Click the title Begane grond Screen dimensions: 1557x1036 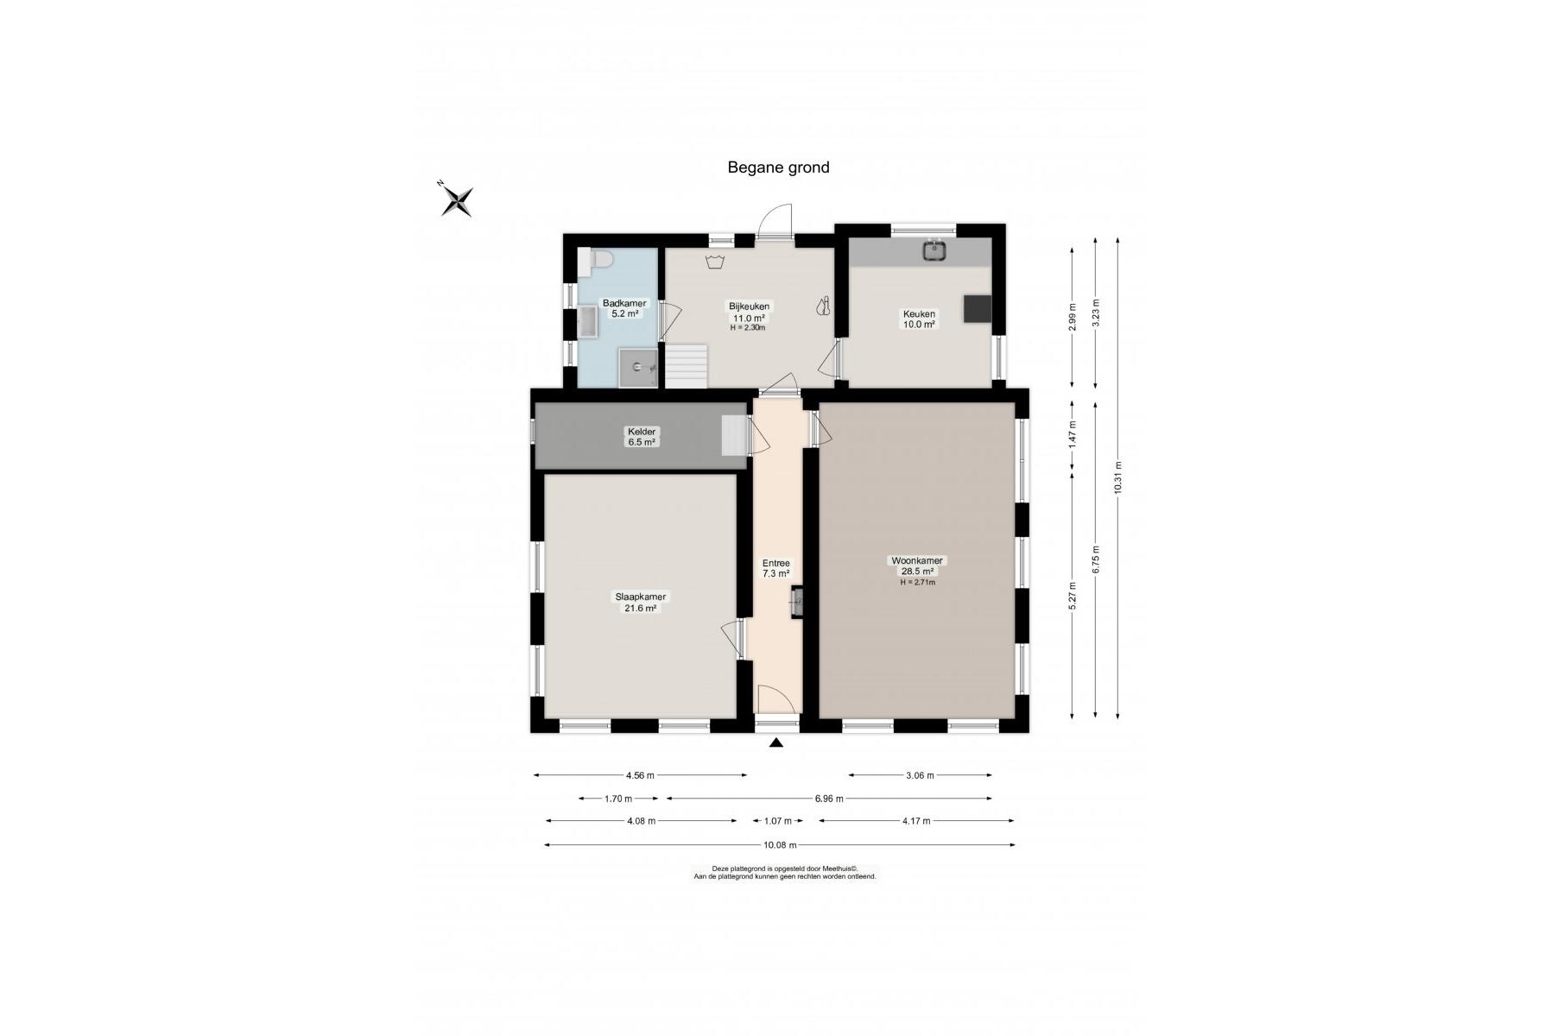(778, 167)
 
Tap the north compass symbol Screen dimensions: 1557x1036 (457, 200)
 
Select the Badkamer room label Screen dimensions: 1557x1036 (624, 308)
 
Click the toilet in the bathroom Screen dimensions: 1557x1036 (598, 261)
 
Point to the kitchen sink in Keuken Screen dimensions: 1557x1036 (934, 250)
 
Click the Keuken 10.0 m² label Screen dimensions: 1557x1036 (919, 319)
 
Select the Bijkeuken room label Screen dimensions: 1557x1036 (749, 316)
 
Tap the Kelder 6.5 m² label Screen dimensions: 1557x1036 (641, 437)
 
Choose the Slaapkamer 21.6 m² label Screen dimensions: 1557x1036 (640, 602)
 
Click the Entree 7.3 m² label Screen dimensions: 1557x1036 (775, 568)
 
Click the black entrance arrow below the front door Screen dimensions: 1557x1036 (776, 742)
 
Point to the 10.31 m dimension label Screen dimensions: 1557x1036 (1117, 477)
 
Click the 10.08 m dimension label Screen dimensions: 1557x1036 (779, 845)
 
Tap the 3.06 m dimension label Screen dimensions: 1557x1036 (920, 775)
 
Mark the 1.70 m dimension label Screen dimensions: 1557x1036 (617, 799)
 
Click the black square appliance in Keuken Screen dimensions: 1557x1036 (978, 308)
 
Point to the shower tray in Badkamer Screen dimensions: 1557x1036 (638, 368)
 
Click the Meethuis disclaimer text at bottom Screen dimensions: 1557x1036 (784, 872)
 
